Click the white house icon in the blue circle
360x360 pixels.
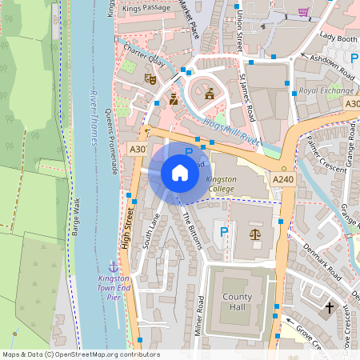click(x=180, y=172)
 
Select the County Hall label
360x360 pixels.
click(x=237, y=302)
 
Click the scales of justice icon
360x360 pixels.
click(x=255, y=234)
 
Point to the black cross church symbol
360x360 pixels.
click(x=329, y=307)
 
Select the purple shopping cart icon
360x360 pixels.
click(x=302, y=11)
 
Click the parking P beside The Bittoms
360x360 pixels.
click(x=225, y=233)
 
